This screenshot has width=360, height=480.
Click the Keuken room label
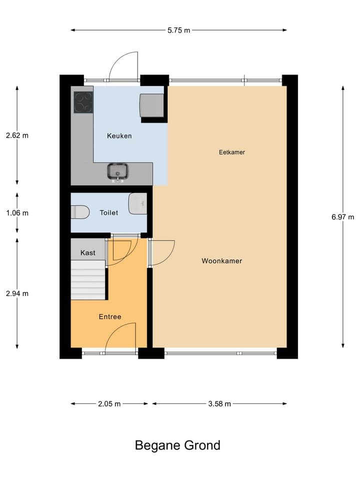pyautogui.click(x=119, y=136)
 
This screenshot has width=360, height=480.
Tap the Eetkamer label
pyautogui.click(x=232, y=152)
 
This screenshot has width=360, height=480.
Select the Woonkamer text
pyautogui.click(x=221, y=261)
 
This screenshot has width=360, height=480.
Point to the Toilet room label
pyautogui.click(x=109, y=213)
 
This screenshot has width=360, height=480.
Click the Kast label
pyautogui.click(x=88, y=253)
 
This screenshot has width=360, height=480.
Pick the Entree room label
pyautogui.click(x=110, y=317)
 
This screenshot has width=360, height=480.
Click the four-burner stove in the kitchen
pyautogui.click(x=83, y=103)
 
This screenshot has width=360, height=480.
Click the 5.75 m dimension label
pyautogui.click(x=178, y=30)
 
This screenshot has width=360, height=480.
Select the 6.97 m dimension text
pyautogui.click(x=342, y=217)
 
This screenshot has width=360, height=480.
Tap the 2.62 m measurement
pyautogui.click(x=17, y=135)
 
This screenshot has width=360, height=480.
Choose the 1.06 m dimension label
pyautogui.click(x=17, y=213)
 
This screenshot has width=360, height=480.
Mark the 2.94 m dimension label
pyautogui.click(x=17, y=293)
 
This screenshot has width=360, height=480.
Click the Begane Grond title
pyautogui.click(x=177, y=445)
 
